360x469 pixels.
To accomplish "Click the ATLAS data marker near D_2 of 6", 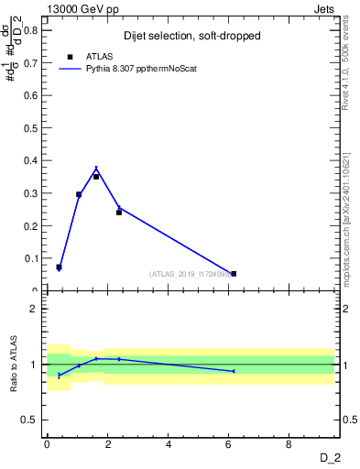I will click(234, 273).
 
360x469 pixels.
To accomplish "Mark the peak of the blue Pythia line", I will click(96, 169).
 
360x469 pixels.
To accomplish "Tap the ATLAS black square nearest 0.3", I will click(79, 194).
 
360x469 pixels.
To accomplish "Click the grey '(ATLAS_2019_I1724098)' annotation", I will click(191, 274).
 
